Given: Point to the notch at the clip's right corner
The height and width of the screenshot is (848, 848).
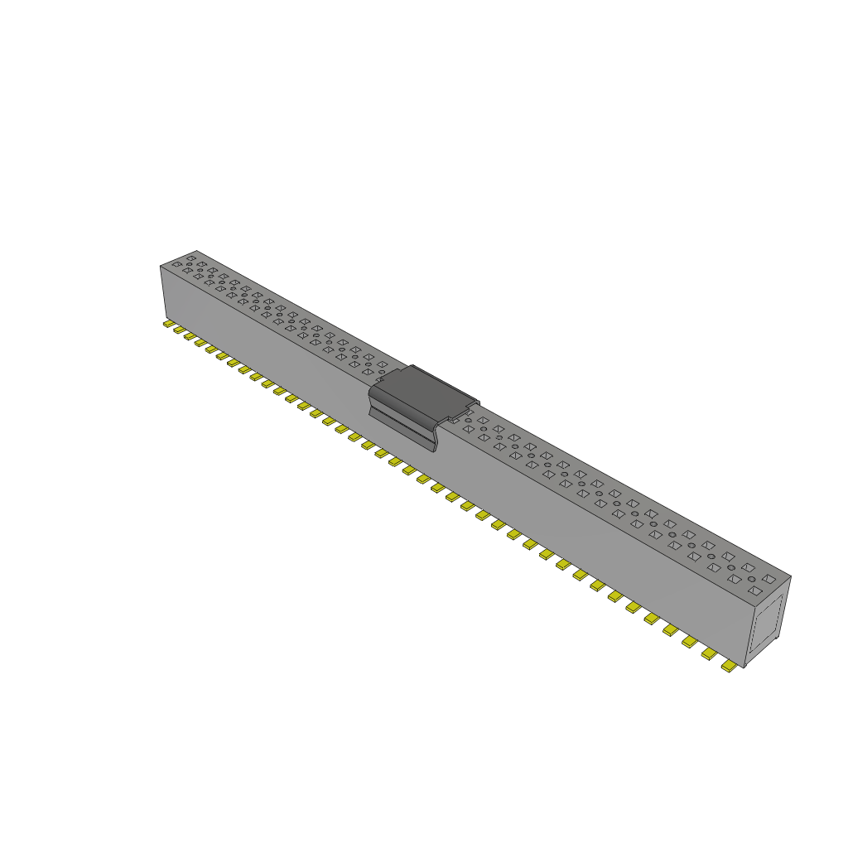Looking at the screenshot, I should coord(472,407).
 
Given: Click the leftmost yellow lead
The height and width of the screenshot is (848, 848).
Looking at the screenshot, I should coord(168,324).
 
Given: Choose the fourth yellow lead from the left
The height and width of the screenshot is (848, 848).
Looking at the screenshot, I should coord(200,343).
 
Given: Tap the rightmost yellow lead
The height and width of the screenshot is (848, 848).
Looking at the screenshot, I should coord(729,666).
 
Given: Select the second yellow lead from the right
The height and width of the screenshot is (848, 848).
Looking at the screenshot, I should coord(709,653).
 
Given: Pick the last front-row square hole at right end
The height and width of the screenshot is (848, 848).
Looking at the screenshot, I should coord(755,590).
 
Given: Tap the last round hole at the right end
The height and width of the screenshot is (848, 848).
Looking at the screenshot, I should coord(752,579).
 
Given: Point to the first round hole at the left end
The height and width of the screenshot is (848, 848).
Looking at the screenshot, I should coord(189,264).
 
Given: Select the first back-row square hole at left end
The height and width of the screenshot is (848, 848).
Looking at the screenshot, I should coord(191,258).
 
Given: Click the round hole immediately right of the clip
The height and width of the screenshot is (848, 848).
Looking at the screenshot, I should coord(468,420).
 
